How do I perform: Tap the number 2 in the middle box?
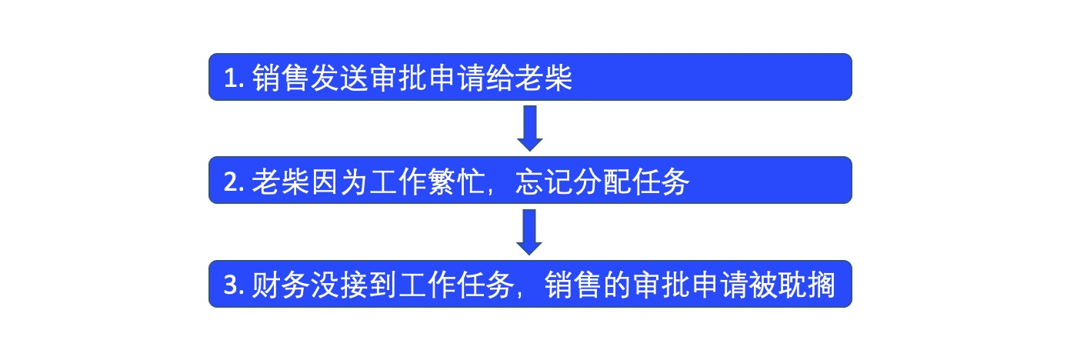point(232,182)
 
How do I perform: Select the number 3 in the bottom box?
point(232,285)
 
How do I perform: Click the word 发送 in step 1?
point(340,78)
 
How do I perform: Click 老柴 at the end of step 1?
point(544,78)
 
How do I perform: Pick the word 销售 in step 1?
point(282,78)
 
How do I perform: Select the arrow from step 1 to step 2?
point(530,128)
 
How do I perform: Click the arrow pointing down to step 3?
point(529,232)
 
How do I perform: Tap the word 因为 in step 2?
point(340,182)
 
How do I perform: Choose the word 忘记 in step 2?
point(544,182)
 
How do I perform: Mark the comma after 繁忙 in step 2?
point(491,192)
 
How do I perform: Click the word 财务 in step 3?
point(282,285)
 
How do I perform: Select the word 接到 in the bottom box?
point(369,285)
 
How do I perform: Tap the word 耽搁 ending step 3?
point(807,285)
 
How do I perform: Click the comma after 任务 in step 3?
point(520,295)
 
